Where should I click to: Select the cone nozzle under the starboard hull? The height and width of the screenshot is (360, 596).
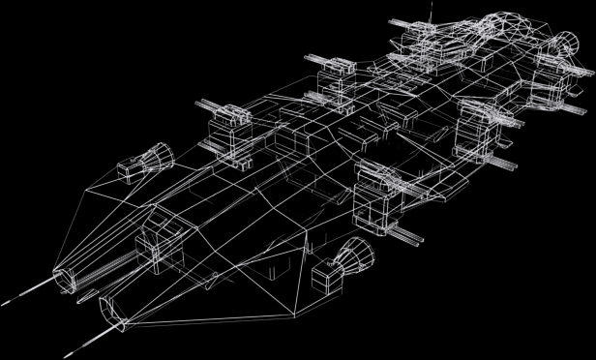pyautogui.click(x=357, y=257)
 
